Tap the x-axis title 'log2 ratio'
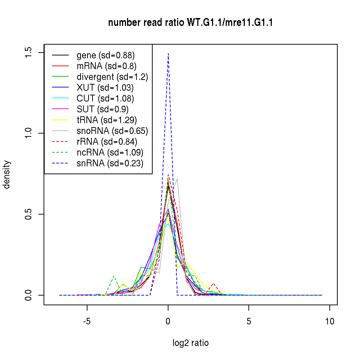[x=190, y=343]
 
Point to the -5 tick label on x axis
[x=87, y=321]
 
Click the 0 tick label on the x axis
[x=168, y=321]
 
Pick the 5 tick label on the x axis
[x=249, y=321]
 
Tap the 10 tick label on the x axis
[x=329, y=321]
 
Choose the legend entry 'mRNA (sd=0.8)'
[x=107, y=66]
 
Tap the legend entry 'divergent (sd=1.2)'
[x=112, y=77]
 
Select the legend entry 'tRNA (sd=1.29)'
[x=107, y=120]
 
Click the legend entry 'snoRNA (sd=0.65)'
[x=112, y=131]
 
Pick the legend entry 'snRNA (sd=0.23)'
[x=110, y=163]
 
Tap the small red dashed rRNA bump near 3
[x=213, y=284]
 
